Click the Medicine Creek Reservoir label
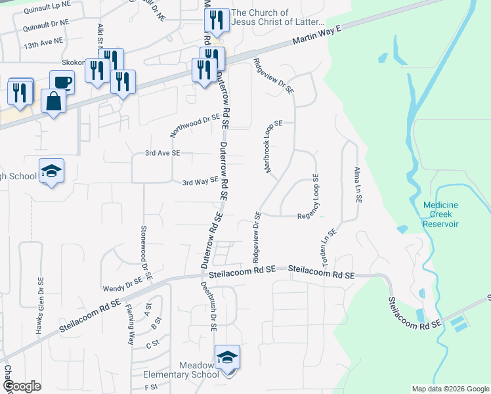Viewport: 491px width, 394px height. point(440,214)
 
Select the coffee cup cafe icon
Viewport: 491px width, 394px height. point(62,82)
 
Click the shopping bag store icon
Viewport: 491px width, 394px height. point(53,102)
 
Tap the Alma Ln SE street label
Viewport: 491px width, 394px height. point(358,184)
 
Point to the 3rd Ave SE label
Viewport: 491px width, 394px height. point(162,153)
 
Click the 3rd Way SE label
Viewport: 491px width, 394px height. point(200,181)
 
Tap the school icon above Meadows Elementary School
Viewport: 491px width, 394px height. point(227,357)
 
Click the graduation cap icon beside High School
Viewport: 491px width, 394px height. point(51,171)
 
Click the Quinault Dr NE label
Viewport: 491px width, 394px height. point(45,24)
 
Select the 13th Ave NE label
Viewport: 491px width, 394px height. point(43,41)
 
